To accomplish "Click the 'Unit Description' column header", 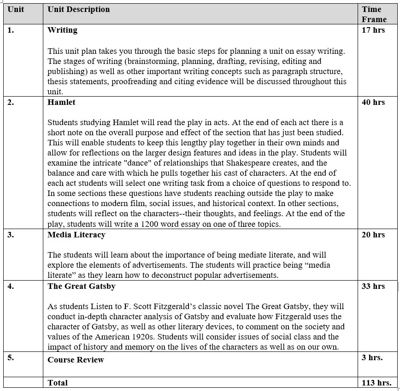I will tap(78, 9).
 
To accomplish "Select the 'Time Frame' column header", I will tap(374, 14).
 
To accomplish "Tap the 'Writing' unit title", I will tap(62, 30).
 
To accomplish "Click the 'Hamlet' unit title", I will tap(61, 102).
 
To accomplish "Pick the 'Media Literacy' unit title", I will tap(76, 235).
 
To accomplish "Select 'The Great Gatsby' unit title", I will tap(82, 286).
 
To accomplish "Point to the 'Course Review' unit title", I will tap(76, 360).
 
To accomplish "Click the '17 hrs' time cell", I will tap(373, 30).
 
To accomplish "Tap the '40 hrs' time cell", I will tap(373, 102).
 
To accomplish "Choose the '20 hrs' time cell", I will tap(373, 235).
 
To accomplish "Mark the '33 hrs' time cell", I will tap(373, 286).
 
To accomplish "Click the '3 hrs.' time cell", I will tap(372, 357).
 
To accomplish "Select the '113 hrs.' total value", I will tap(376, 383).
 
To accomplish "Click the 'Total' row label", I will tap(58, 383).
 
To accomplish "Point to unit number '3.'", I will tap(11, 235).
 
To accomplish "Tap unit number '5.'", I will tap(11, 357).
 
